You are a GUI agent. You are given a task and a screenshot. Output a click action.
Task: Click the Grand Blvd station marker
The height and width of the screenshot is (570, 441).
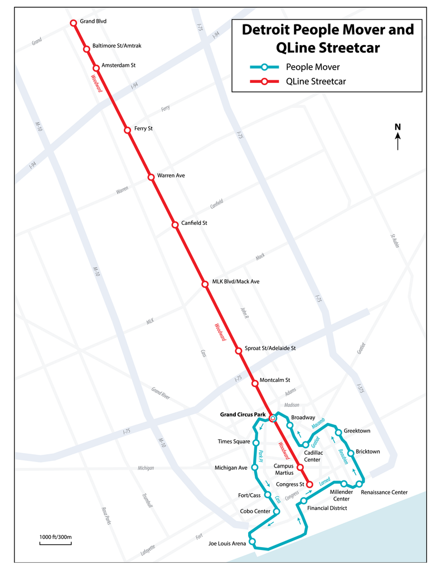73,23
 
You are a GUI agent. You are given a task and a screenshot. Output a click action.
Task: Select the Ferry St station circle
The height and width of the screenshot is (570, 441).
128,130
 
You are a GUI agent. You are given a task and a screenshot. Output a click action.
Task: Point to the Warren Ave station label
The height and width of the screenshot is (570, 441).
171,175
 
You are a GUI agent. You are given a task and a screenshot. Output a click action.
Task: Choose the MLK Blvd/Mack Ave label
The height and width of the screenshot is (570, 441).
235,282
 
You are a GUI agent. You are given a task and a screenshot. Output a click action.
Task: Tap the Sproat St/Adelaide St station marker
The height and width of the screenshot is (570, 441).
239,350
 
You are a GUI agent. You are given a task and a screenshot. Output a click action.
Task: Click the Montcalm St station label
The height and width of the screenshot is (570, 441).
275,380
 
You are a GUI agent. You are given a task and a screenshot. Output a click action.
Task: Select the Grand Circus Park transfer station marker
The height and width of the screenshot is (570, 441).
273,419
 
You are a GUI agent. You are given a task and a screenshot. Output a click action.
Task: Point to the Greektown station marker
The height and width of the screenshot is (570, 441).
338,432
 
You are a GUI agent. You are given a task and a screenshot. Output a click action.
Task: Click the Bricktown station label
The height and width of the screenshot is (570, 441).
367,451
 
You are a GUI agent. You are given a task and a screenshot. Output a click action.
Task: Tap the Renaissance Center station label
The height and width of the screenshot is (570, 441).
384,492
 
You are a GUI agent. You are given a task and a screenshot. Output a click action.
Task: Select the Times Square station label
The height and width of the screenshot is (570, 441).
234,441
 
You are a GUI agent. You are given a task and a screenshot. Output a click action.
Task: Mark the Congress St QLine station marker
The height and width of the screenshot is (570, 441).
309,484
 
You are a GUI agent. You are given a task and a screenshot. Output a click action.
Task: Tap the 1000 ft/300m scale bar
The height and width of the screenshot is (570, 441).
55,543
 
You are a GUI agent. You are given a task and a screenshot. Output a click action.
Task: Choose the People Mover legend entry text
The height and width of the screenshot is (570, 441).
312,67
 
